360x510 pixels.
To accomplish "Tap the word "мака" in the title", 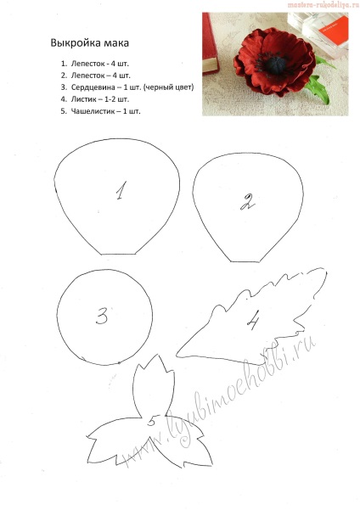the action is (116, 43).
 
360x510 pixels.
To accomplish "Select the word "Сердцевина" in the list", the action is (93, 87).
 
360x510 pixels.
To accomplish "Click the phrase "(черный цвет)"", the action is (169, 87).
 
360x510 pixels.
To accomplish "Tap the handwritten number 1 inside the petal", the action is (121, 190).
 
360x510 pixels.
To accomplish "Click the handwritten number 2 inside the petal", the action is (248, 203).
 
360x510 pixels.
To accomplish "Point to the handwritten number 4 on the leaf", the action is (253, 320).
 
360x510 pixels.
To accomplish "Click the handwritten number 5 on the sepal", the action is (152, 421).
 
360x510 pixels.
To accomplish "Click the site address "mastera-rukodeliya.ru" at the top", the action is (323, 4).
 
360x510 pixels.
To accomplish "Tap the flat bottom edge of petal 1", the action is (118, 254).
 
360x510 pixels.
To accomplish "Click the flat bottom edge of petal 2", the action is (245, 261).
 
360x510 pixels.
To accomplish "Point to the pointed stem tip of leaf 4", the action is (177, 356).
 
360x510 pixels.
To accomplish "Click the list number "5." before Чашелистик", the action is (64, 111).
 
